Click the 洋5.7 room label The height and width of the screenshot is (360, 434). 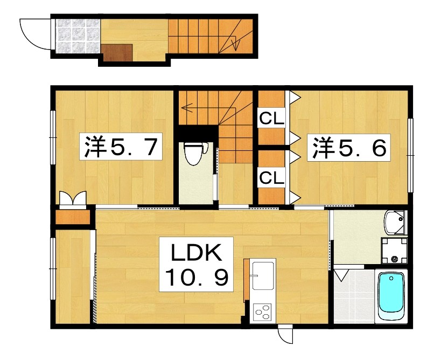click(122, 147)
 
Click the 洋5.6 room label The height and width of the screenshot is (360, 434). click(348, 147)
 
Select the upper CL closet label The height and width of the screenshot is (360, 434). click(272, 118)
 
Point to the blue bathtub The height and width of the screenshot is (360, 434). click(391, 295)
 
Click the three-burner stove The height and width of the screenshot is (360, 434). click(263, 312)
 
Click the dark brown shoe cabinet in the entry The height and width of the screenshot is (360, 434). click(117, 52)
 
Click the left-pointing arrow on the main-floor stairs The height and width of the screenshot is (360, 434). click(186, 107)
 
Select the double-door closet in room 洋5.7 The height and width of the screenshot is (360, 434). click(73, 200)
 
